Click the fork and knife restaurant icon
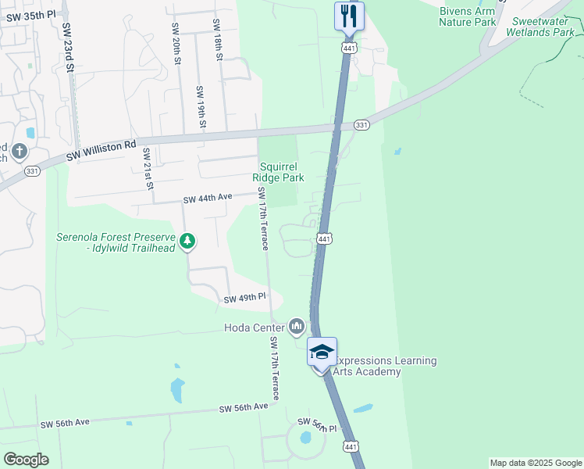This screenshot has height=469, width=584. pyautogui.click(x=349, y=15)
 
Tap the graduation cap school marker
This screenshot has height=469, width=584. pyautogui.click(x=322, y=352)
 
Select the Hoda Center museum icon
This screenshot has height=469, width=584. pyautogui.click(x=296, y=326)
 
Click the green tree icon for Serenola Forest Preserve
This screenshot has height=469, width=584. pyautogui.click(x=187, y=242)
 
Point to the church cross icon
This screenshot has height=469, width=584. pyautogui.click(x=20, y=151)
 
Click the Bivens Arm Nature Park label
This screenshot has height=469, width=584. pyautogui.click(x=467, y=16)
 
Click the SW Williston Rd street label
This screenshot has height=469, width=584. pyautogui.click(x=101, y=151)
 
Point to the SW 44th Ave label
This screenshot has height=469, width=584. pyautogui.click(x=208, y=199)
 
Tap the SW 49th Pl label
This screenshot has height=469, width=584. pyautogui.click(x=245, y=299)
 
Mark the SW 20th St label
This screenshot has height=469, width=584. pyautogui.click(x=176, y=44)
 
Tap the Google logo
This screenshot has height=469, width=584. pyautogui.click(x=26, y=460)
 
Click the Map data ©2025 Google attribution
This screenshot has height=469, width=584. pyautogui.click(x=536, y=463)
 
